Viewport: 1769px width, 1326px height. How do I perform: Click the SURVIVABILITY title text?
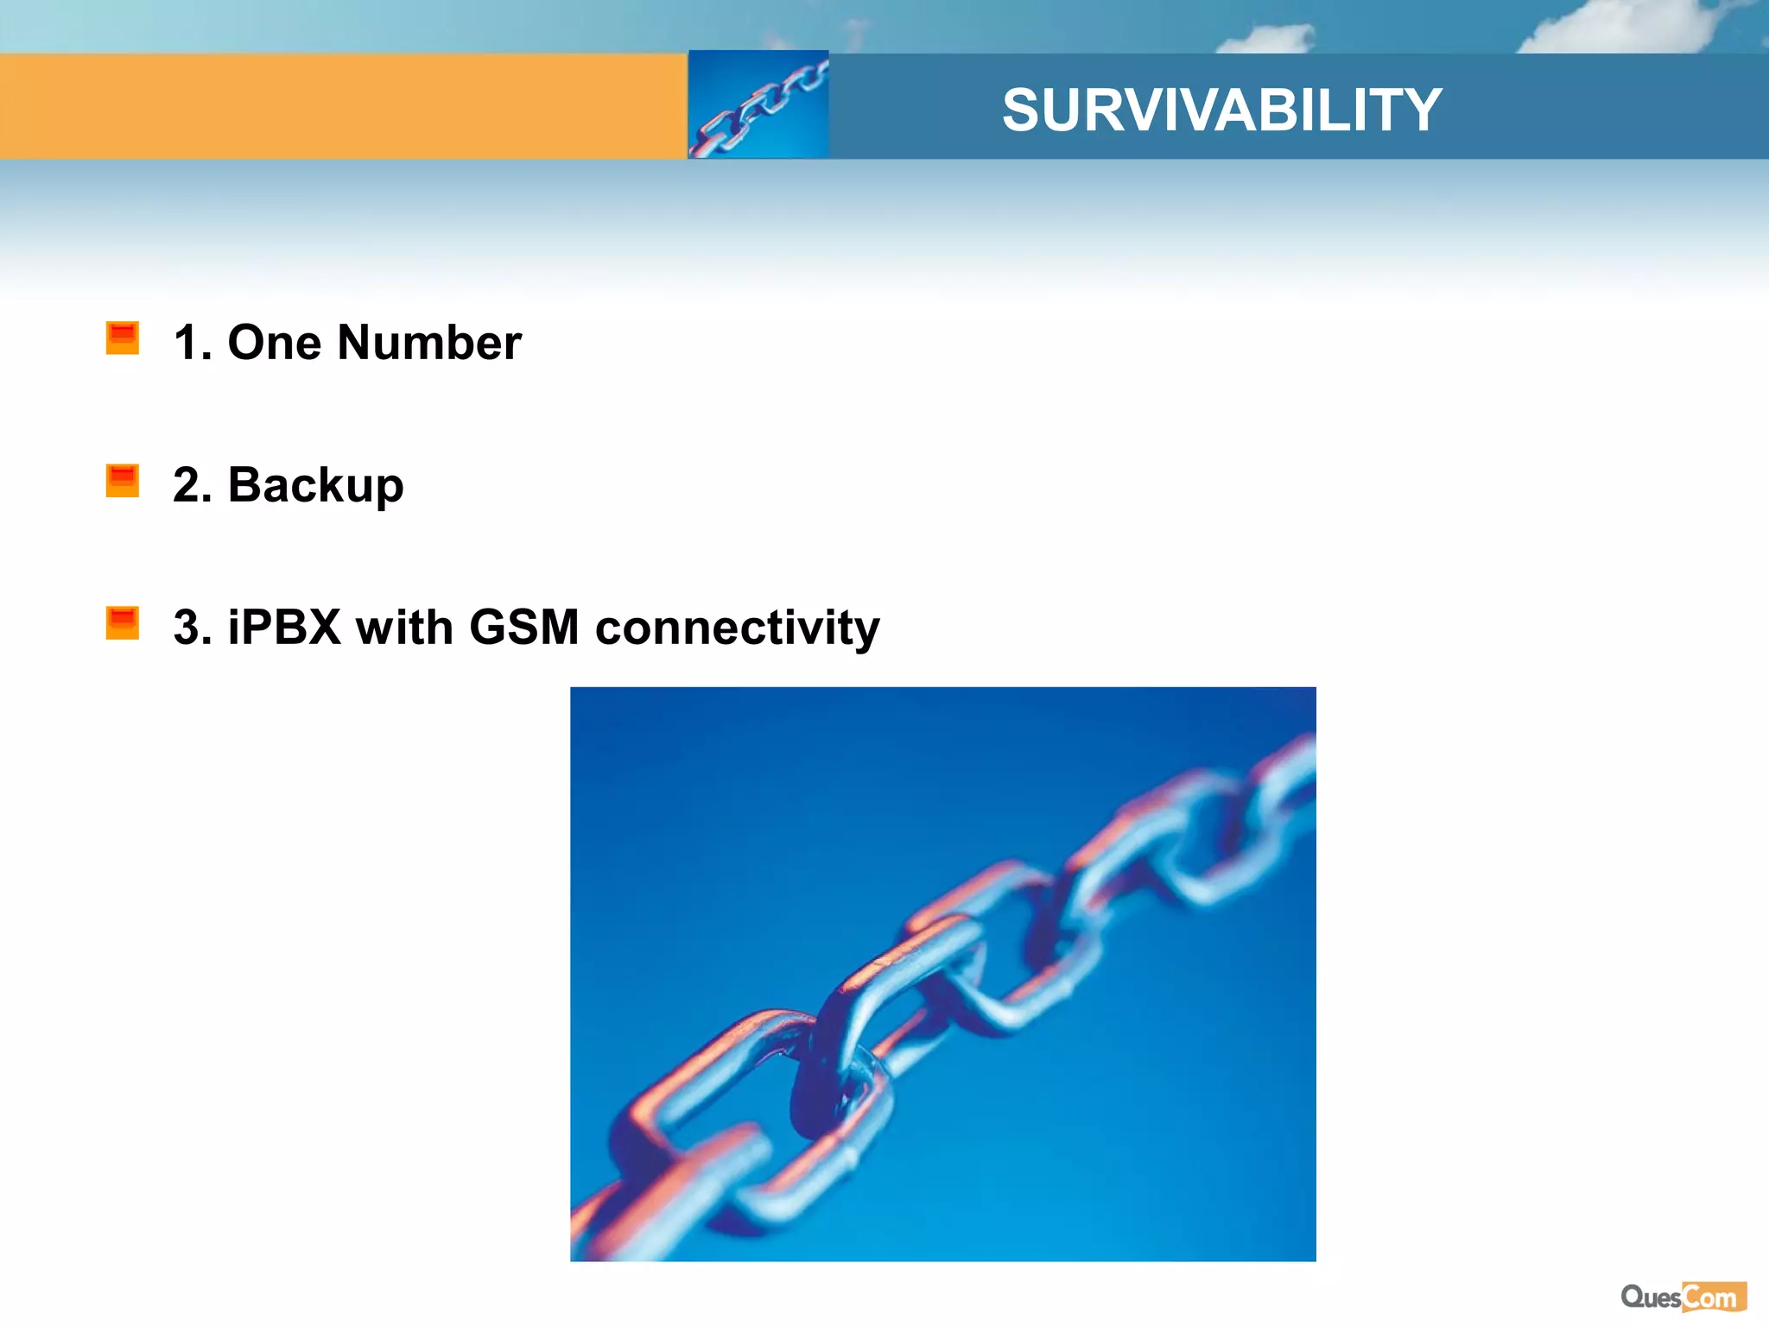pos(1221,110)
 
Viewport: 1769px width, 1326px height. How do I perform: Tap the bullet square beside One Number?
pos(122,338)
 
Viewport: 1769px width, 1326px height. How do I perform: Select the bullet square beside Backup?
pos(122,480)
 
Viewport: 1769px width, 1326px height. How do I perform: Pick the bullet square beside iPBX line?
pos(122,622)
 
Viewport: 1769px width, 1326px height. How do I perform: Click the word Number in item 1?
pos(429,343)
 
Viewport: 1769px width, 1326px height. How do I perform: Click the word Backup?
pos(315,485)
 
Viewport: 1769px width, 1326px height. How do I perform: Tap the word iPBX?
pos(284,628)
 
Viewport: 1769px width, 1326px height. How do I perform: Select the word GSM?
pos(524,628)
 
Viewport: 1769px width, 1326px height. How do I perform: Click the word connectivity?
pos(738,628)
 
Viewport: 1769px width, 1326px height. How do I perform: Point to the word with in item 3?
pos(404,628)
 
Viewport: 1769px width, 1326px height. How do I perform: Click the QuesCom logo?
pos(1683,1297)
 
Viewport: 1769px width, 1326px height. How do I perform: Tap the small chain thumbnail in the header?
pos(758,105)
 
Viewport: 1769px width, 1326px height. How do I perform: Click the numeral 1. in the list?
pos(193,343)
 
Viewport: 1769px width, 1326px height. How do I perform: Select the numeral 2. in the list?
pos(193,485)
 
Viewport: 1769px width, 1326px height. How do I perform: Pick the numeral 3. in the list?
pos(193,628)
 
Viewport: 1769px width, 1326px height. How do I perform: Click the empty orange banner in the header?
pos(343,106)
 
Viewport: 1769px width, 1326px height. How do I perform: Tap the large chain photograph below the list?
pos(942,974)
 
